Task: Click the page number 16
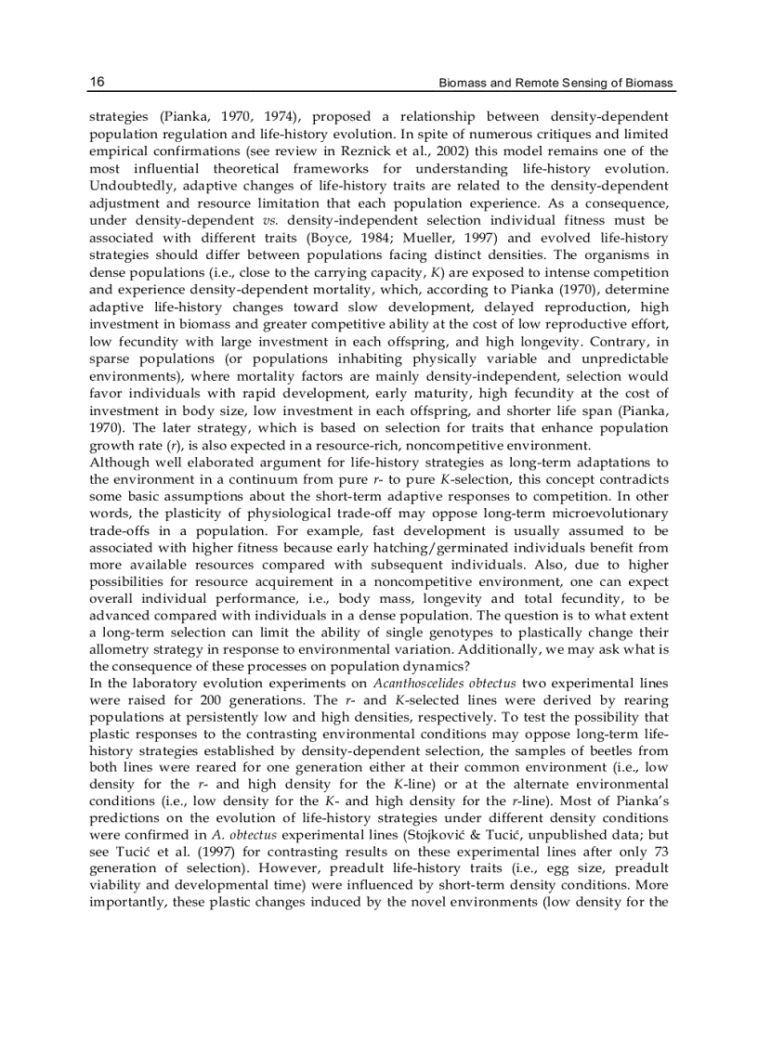point(97,82)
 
